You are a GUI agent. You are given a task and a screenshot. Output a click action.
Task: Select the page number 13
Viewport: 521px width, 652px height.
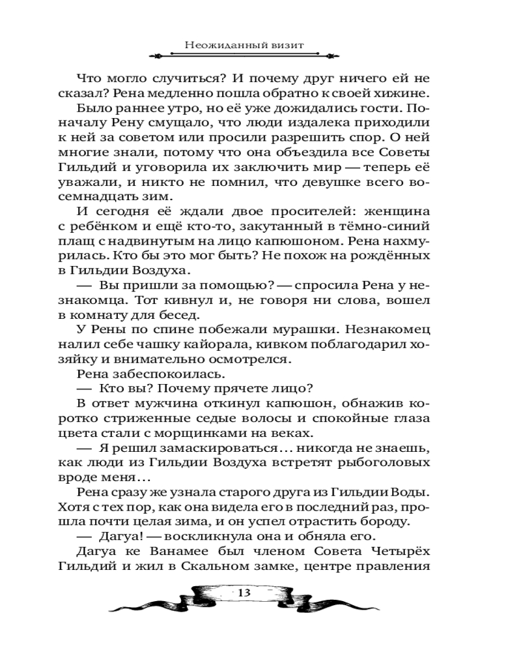click(245, 592)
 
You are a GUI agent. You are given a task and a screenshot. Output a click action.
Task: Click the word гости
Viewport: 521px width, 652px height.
click(365, 110)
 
